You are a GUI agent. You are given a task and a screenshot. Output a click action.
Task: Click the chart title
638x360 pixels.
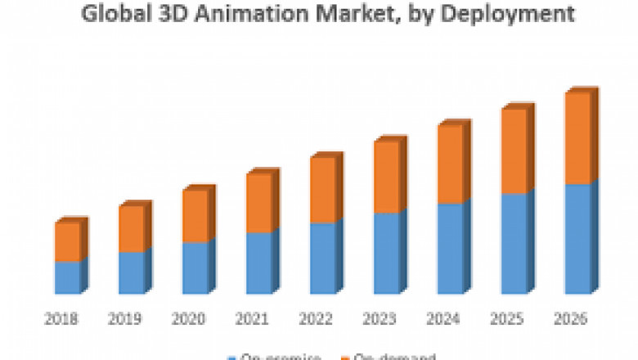pyautogui.click(x=319, y=14)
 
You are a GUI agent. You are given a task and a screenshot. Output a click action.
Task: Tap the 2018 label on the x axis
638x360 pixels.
pyautogui.click(x=63, y=318)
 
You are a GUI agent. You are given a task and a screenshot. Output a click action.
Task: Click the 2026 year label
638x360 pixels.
pyautogui.click(x=571, y=318)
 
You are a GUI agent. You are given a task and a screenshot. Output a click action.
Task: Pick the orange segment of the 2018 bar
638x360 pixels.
pyautogui.click(x=67, y=241)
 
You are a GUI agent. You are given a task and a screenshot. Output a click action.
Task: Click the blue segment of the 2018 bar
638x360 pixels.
pyautogui.click(x=67, y=277)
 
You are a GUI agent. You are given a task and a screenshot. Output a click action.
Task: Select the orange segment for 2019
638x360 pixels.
pyautogui.click(x=131, y=228)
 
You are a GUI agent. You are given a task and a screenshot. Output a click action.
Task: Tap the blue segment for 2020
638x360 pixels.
pyautogui.click(x=195, y=268)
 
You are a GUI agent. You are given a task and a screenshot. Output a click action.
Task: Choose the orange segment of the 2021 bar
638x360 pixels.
pyautogui.click(x=258, y=203)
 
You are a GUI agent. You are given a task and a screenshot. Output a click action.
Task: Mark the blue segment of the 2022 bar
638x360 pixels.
pyautogui.click(x=322, y=258)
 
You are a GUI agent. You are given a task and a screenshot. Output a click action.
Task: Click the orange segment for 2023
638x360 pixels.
pyautogui.click(x=386, y=177)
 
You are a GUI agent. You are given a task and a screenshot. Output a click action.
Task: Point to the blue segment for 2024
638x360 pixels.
pyautogui.click(x=450, y=248)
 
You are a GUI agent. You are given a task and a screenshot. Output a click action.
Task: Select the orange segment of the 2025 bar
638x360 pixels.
pyautogui.click(x=514, y=151)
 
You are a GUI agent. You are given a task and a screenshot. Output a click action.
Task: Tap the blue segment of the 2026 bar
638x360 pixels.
pyautogui.click(x=577, y=238)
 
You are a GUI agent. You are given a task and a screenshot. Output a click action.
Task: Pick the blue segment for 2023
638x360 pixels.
pyautogui.click(x=386, y=253)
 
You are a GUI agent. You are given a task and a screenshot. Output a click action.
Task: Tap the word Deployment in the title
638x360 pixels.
pyautogui.click(x=505, y=14)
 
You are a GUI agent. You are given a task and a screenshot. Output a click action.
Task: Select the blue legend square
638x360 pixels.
pyautogui.click(x=232, y=357)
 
